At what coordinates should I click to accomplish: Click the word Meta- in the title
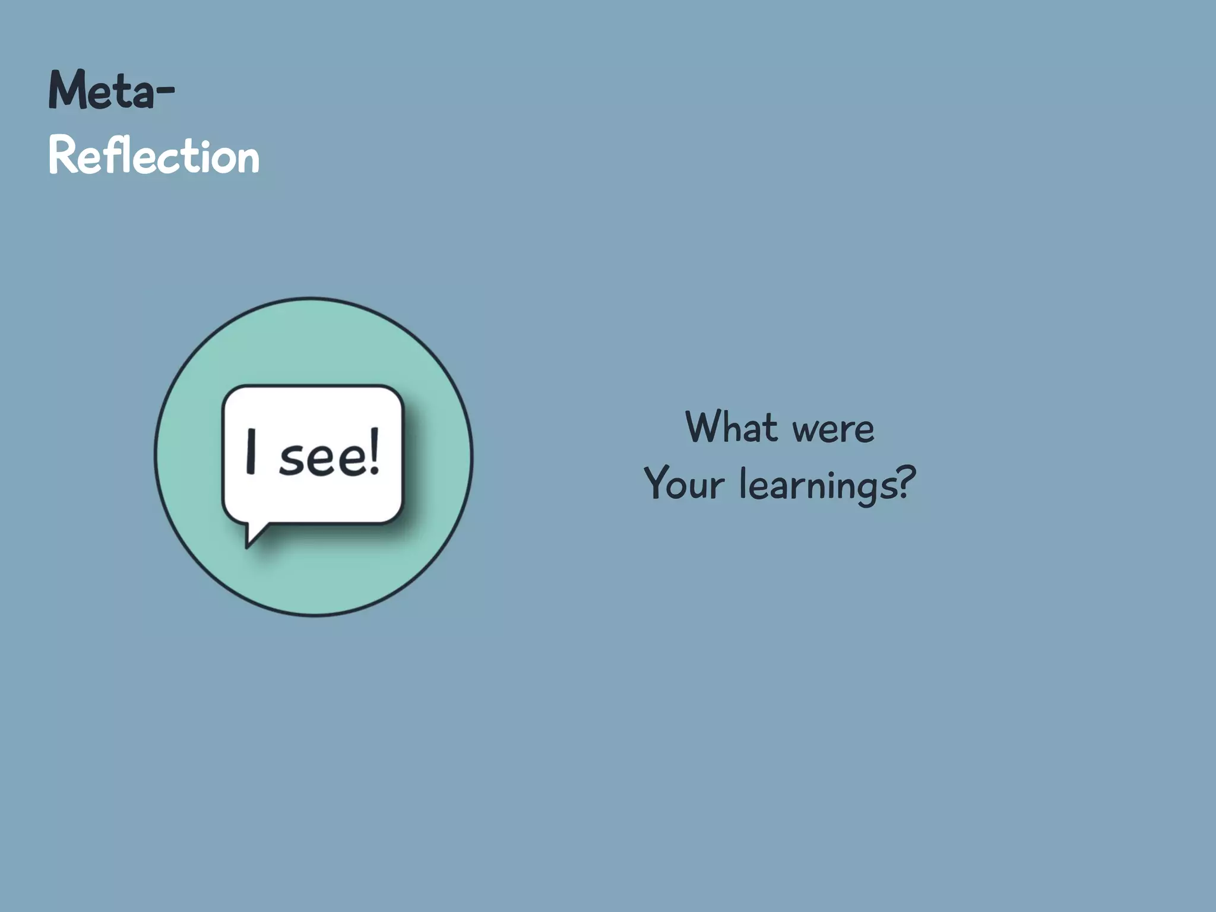coord(111,91)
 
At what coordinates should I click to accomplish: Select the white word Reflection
coord(154,156)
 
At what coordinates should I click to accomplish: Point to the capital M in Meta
coord(66,90)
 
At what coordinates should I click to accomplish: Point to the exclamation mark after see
coord(373,452)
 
